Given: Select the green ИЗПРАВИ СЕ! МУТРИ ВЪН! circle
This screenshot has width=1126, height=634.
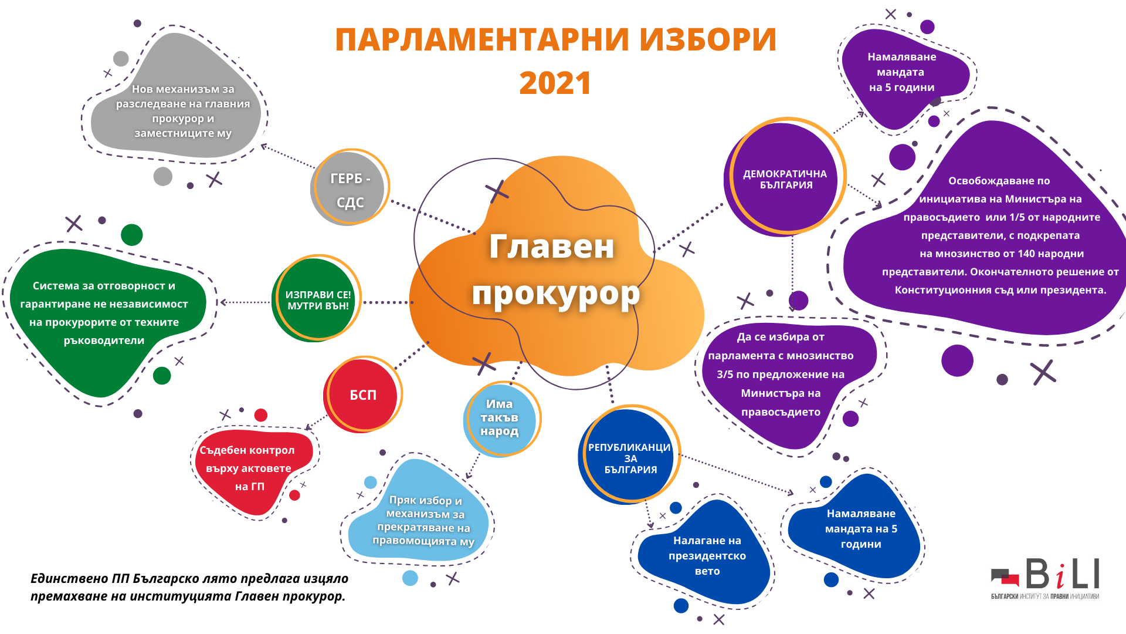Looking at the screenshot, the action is click(x=317, y=299).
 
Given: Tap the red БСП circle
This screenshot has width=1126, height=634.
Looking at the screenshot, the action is click(x=362, y=394).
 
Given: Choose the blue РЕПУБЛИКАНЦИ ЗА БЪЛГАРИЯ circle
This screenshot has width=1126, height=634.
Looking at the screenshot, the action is click(x=629, y=455).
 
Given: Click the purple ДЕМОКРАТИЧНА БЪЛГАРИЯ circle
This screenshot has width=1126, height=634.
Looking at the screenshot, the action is click(x=785, y=178).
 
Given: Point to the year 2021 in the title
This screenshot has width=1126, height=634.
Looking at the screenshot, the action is click(x=555, y=83).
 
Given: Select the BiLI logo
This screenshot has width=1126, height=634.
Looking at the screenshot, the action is click(x=1045, y=578).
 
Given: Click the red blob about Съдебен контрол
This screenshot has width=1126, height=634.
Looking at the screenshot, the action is click(x=253, y=470).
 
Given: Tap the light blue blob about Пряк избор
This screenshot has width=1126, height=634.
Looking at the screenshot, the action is click(x=419, y=514).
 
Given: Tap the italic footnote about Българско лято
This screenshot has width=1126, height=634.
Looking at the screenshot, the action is click(x=189, y=587).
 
